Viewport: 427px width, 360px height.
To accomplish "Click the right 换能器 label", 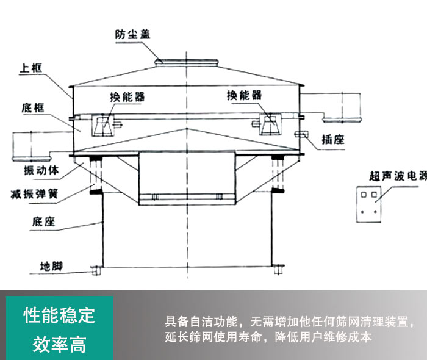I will tap(244, 95).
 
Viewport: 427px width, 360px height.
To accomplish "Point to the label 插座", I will tap(333, 140).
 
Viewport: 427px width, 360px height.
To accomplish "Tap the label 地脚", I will tap(51, 266).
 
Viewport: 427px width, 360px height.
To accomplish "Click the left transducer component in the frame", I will tap(102, 124).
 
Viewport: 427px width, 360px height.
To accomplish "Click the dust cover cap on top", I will tap(187, 61).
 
